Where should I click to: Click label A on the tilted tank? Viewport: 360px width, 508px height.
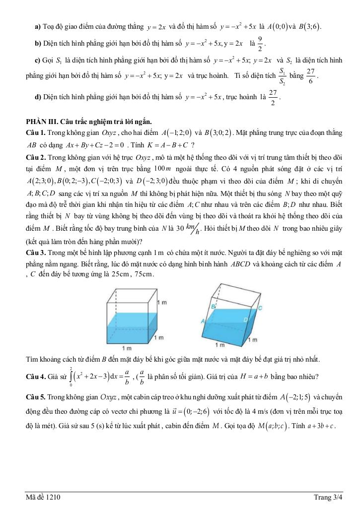[x=204, y=321]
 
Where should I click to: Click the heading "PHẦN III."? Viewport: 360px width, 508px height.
[x=43, y=122]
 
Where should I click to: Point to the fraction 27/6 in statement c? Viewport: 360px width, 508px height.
[x=310, y=76]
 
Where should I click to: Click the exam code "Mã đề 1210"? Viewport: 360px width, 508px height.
[x=44, y=497]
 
